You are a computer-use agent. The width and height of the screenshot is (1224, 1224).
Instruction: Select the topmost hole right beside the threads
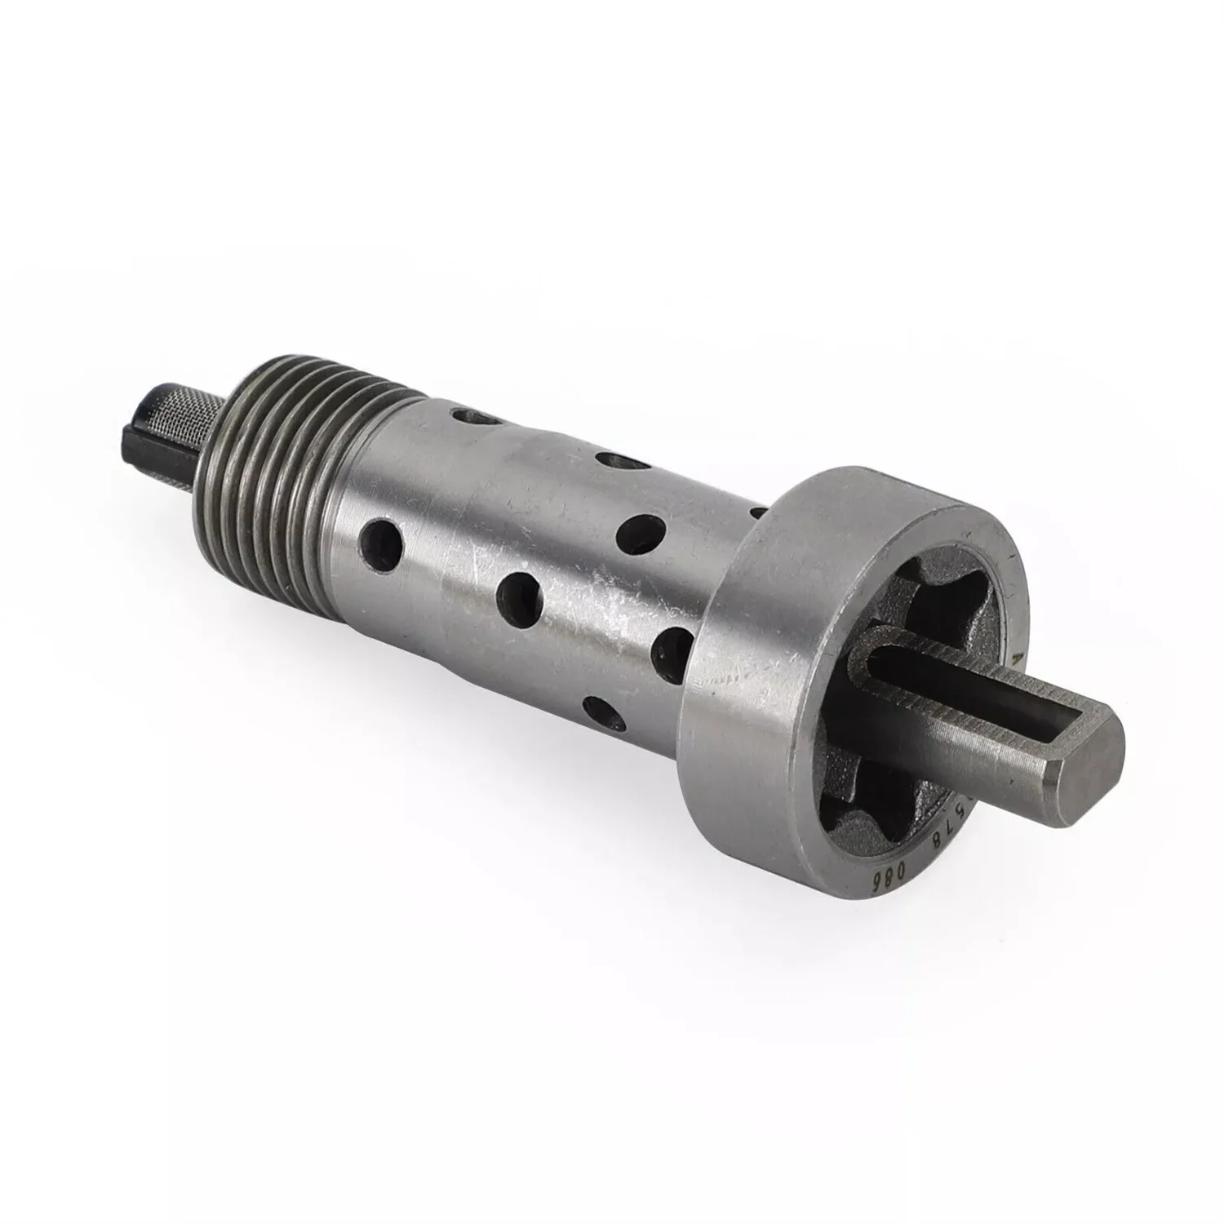coord(481,419)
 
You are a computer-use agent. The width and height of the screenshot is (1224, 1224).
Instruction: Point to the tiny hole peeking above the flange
coord(757,513)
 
